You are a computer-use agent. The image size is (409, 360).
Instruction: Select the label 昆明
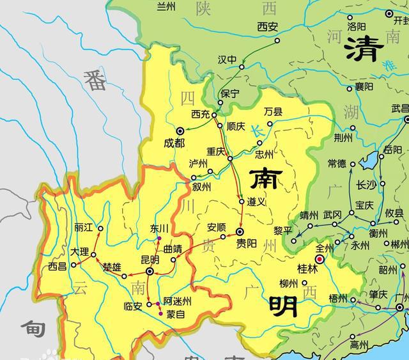pos(150,260)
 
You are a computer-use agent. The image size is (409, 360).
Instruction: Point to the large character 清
pos(363,49)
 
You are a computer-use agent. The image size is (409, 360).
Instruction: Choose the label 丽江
pos(84,227)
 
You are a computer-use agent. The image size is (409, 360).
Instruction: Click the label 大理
pos(80,252)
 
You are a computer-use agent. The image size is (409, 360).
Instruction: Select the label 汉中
pos(227,59)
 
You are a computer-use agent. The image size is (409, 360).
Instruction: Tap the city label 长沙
pos(366,185)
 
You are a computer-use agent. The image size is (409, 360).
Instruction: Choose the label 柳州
pos(289,284)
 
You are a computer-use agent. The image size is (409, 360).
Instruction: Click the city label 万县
pos(273,111)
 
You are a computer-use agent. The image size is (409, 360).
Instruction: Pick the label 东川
pos(159,228)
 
